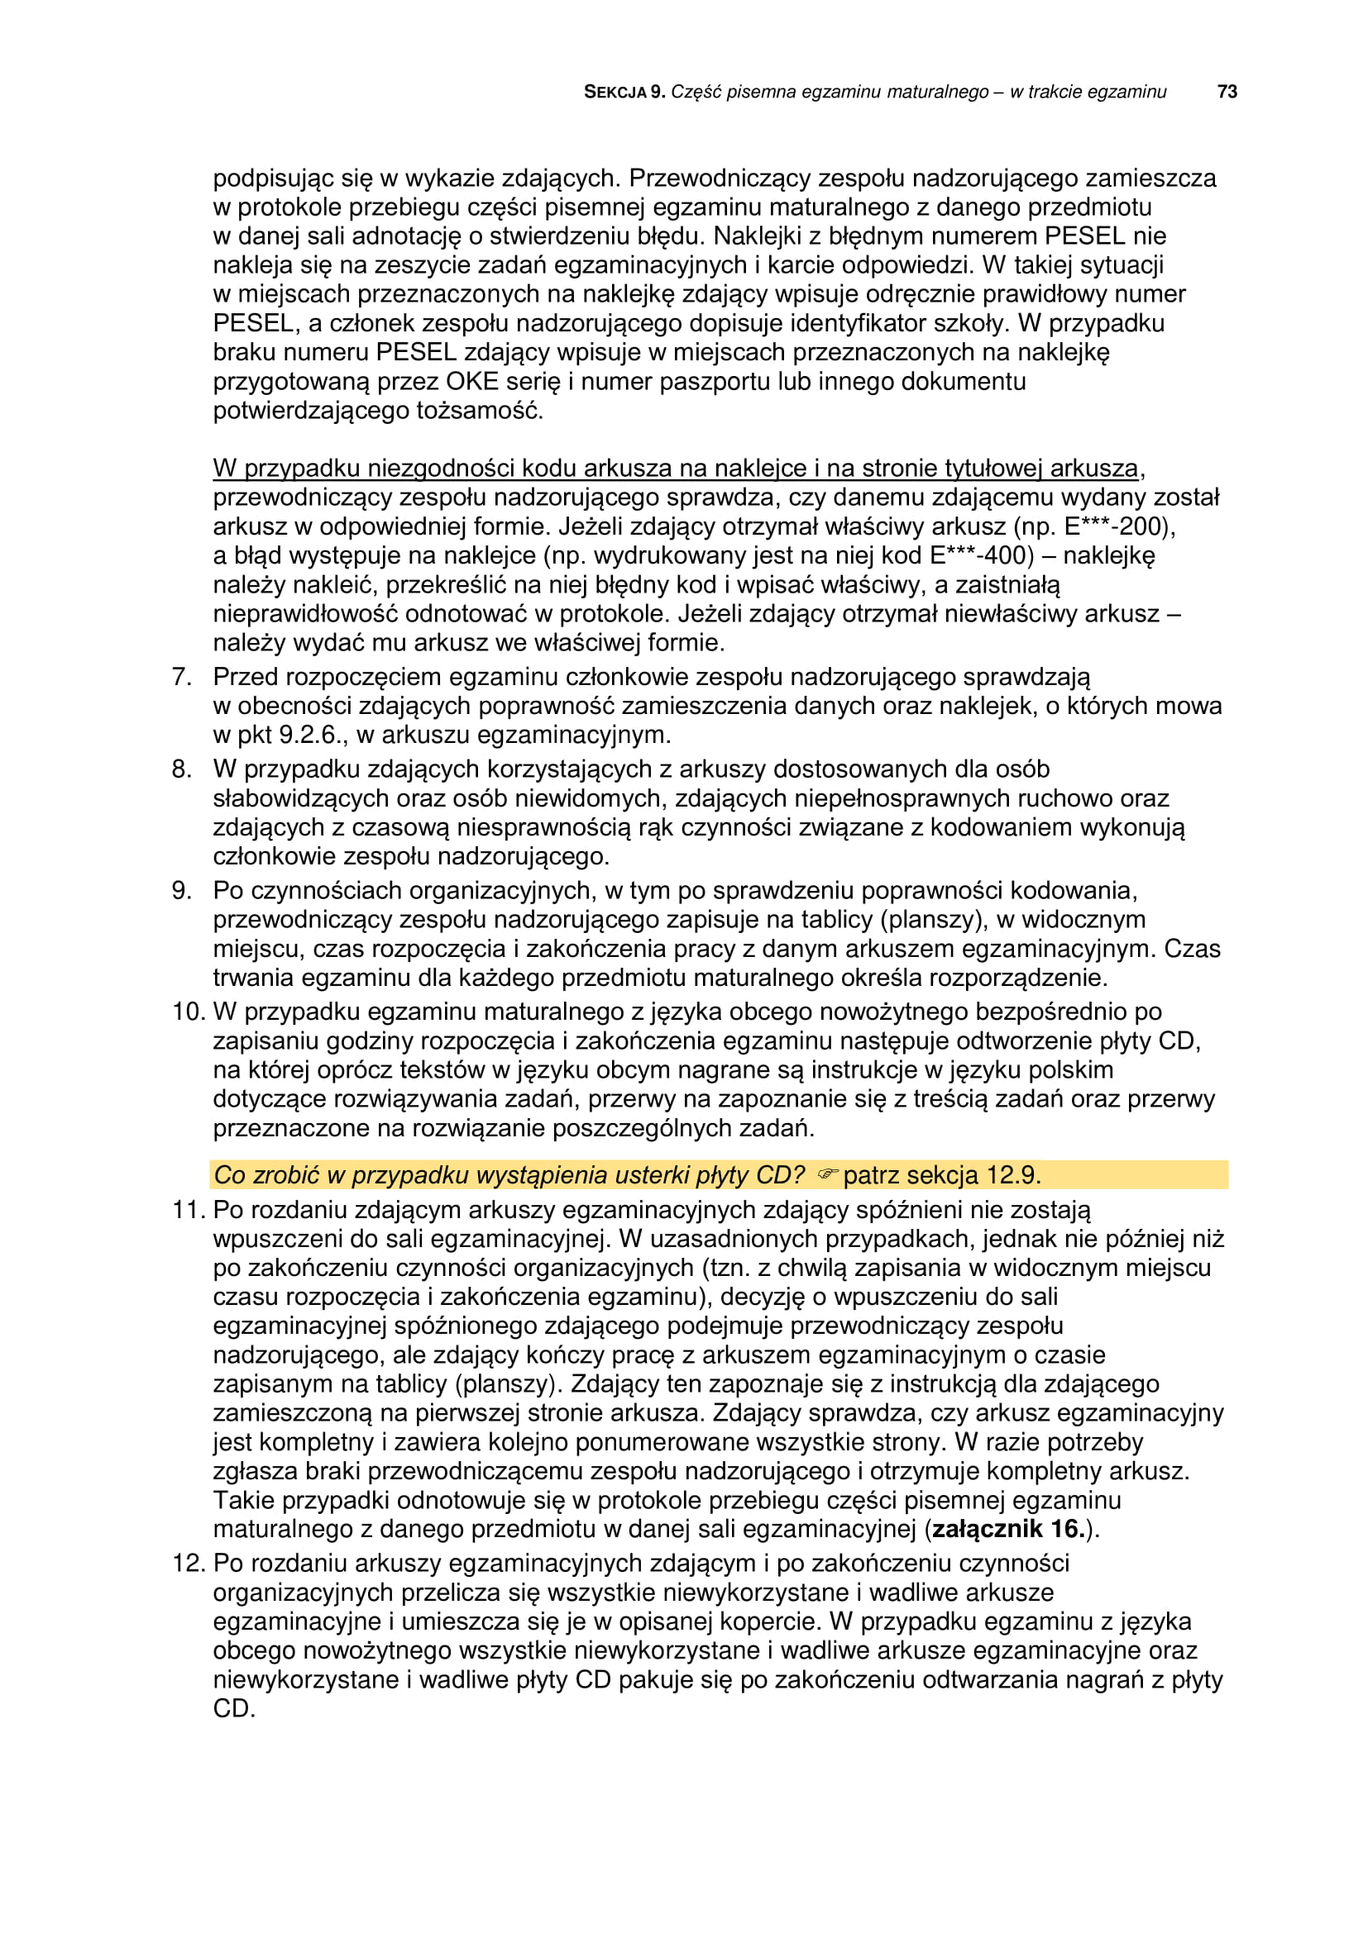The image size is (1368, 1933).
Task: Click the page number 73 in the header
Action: (x=1227, y=92)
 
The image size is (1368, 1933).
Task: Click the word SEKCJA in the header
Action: (x=615, y=93)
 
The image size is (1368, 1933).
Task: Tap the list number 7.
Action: (x=181, y=677)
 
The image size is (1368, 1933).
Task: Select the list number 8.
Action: (x=181, y=769)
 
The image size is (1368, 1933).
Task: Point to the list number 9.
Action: (x=181, y=890)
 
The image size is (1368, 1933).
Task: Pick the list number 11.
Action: (x=188, y=1210)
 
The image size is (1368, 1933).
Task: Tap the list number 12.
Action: (x=188, y=1564)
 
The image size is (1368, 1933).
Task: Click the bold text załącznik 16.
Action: (x=1007, y=1528)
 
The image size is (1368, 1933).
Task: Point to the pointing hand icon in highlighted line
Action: (x=826, y=1174)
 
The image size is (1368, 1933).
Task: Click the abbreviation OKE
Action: (x=472, y=381)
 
